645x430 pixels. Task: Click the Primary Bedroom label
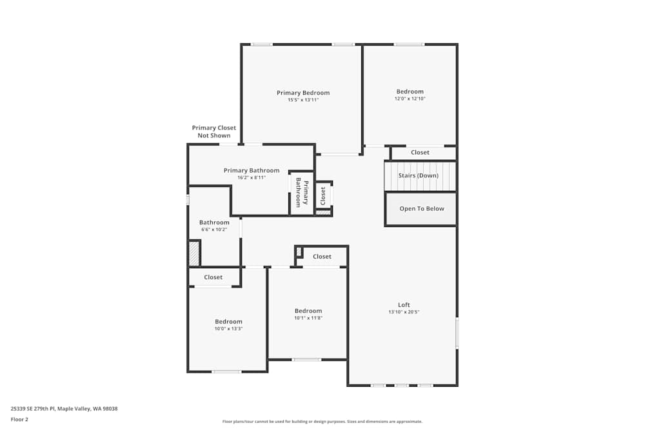point(303,93)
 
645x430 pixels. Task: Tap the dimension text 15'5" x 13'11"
point(303,100)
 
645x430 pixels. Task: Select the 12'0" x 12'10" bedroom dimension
point(410,99)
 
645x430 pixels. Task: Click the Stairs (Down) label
point(419,175)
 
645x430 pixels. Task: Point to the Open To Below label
point(422,208)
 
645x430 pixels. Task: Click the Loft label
point(404,305)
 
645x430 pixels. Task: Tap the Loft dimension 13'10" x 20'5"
point(404,312)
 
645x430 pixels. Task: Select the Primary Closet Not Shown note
point(214,132)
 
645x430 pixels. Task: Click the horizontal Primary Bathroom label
point(252,170)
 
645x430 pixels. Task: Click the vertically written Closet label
point(323,196)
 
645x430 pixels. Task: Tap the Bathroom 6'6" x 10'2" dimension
point(214,230)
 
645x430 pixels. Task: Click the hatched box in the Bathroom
point(194,253)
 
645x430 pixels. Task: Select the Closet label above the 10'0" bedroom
point(213,277)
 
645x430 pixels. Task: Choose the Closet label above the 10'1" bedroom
point(322,257)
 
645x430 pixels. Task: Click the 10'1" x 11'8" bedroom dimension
point(308,318)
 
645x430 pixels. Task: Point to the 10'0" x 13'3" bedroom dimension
point(229,329)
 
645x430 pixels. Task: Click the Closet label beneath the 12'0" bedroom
point(420,153)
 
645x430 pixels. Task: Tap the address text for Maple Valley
point(64,408)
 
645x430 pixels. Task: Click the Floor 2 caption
point(19,419)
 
